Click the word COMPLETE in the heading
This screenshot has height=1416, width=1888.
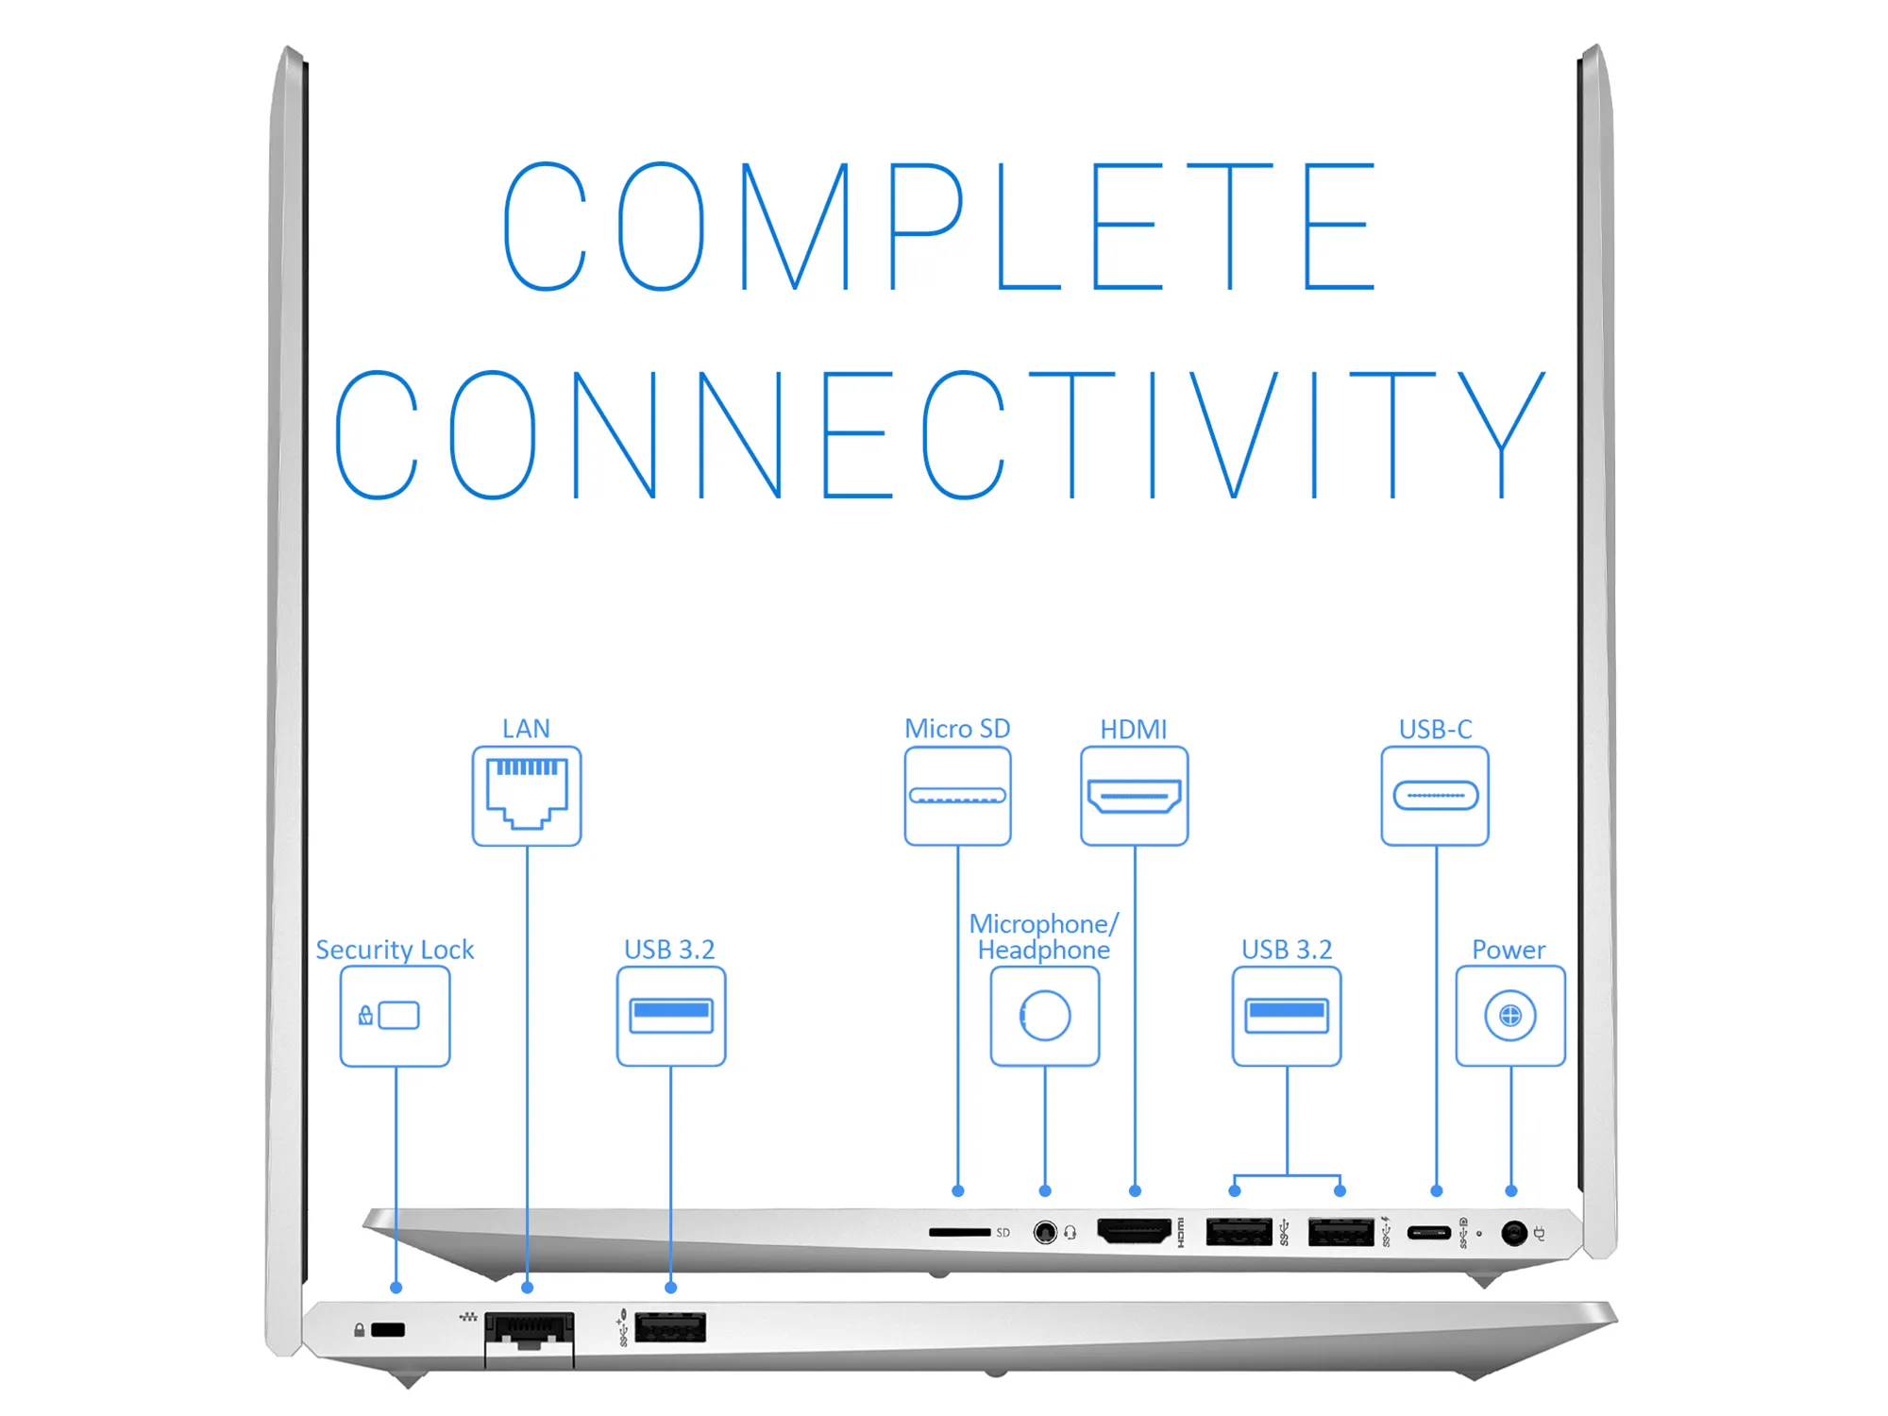pos(939,227)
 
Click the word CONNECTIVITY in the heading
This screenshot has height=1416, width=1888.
pos(940,434)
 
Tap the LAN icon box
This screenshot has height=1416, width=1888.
pos(527,796)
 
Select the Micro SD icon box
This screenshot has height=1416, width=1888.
pos(957,796)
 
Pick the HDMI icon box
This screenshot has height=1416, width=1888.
pos(1134,796)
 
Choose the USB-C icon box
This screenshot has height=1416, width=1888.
pos(1435,796)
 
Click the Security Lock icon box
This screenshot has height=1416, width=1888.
pos(395,1016)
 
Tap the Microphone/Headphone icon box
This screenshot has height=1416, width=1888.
pos(1045,1016)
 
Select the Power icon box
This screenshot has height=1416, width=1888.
pos(1510,1016)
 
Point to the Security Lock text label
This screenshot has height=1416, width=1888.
pos(395,950)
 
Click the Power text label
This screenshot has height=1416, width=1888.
pos(1509,950)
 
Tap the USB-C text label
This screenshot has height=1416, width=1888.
pos(1435,729)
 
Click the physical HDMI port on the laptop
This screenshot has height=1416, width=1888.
pos(1134,1231)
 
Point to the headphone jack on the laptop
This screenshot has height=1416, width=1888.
pos(1045,1233)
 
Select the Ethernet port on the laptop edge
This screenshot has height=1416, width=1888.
pos(529,1331)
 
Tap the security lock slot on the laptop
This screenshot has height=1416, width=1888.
pos(388,1330)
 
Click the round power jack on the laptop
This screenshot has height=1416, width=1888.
pos(1514,1233)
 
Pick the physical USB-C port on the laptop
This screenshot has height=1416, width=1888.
pos(1428,1233)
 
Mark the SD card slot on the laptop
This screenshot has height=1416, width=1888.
pos(959,1232)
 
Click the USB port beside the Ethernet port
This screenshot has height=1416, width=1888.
pos(670,1327)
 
